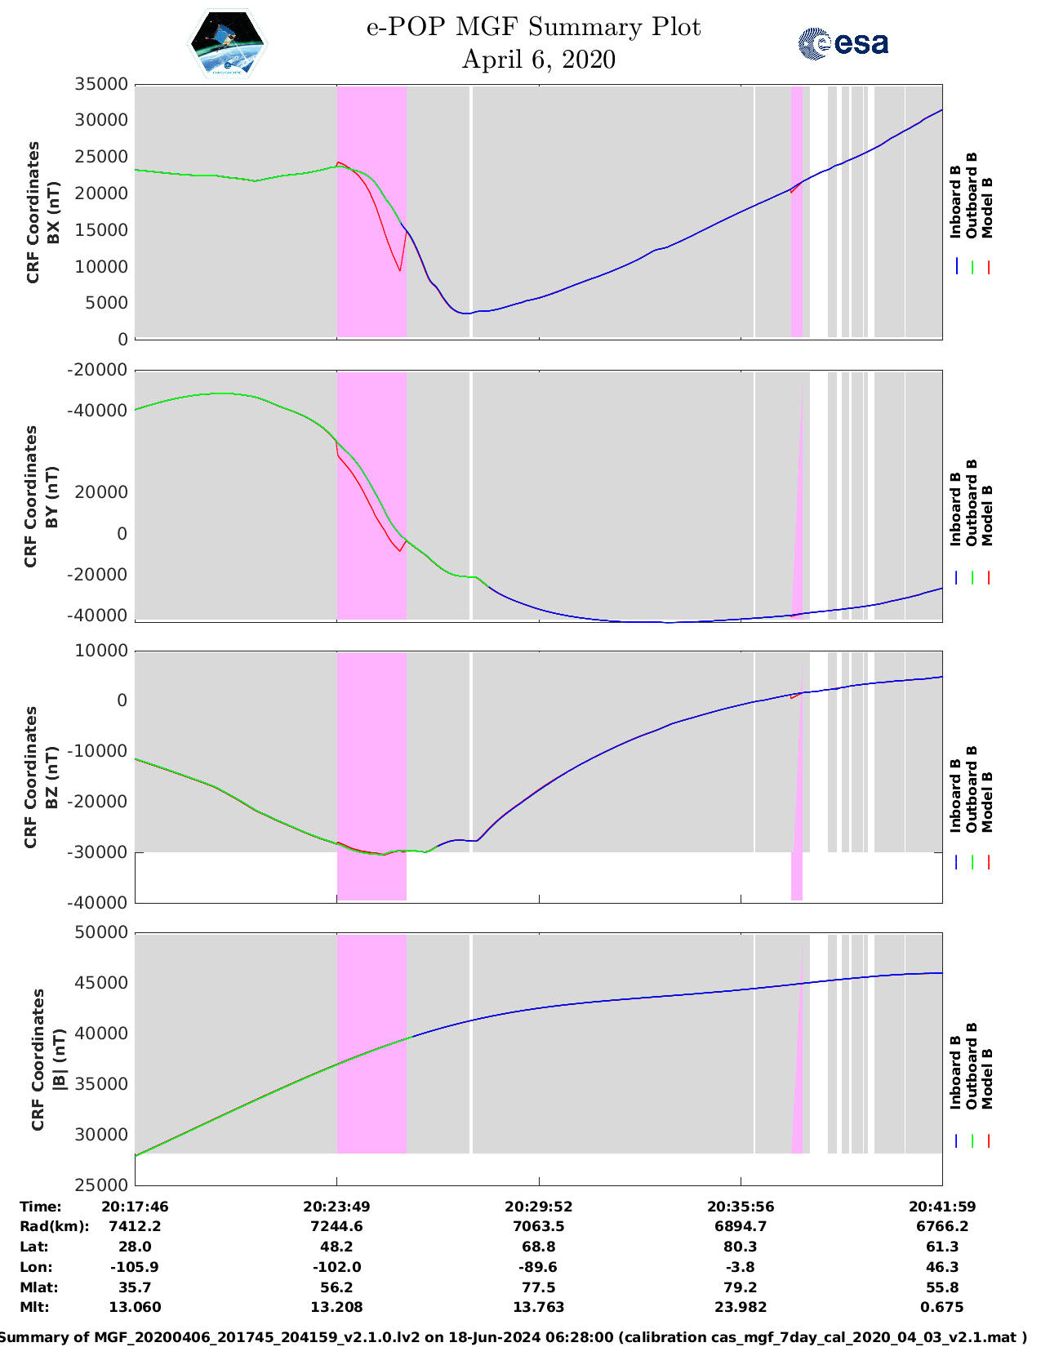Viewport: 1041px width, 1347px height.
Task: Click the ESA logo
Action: point(843,43)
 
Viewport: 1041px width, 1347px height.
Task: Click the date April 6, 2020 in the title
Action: point(538,60)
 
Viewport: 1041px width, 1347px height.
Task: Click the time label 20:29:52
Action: point(538,1207)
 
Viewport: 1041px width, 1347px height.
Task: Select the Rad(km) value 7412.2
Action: point(135,1226)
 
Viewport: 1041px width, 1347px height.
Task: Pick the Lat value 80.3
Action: point(741,1247)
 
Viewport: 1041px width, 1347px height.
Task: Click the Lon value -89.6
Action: point(538,1267)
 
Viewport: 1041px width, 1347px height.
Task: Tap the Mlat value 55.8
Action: point(942,1287)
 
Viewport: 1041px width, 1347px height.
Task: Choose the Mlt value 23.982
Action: point(741,1307)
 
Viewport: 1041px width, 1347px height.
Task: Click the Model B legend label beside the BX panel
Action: point(987,207)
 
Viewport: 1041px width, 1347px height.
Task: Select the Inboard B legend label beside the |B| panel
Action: point(955,1071)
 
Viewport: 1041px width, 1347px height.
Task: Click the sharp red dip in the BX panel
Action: point(399,269)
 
